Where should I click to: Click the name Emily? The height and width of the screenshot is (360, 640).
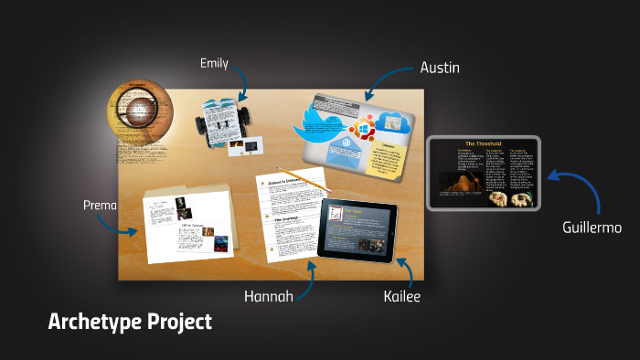pos(214,63)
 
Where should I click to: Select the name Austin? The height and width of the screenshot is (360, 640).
pos(439,67)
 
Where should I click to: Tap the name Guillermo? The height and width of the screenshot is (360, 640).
pos(592,227)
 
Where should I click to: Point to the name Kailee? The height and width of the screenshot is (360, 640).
pos(402,296)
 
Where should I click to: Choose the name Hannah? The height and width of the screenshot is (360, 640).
pos(268,296)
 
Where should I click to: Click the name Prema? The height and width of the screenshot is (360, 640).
pos(100,205)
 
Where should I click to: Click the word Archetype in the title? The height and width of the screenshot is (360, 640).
pos(94,322)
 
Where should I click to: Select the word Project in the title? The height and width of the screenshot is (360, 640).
pos(179,322)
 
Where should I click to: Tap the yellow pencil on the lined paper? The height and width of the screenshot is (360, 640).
pos(301,178)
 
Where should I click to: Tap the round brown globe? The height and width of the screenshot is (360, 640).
pos(139,113)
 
